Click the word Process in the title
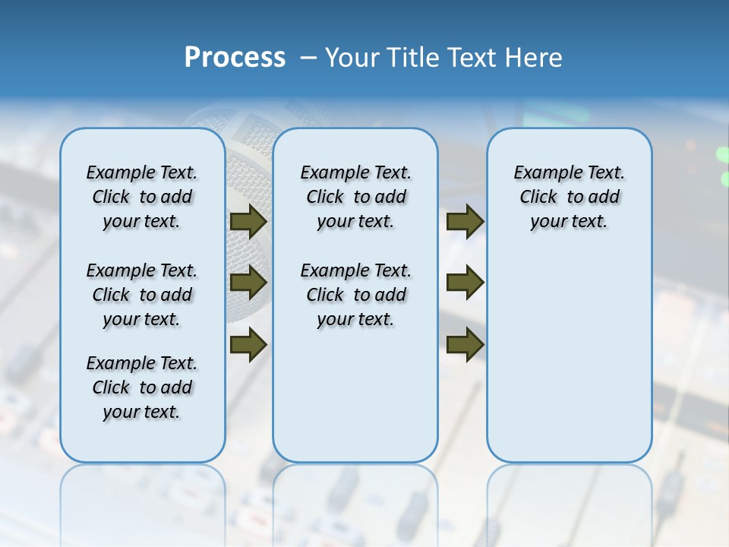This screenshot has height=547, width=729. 235,58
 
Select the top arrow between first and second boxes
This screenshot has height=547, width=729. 248,222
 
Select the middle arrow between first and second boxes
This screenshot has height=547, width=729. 248,283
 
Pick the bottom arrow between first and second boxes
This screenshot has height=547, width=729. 248,344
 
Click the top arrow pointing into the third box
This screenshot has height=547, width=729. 465,222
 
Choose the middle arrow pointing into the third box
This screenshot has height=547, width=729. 465,283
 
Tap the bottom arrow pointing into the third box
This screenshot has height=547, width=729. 465,344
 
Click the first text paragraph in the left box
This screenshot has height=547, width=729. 142,197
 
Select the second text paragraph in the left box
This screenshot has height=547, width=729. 142,295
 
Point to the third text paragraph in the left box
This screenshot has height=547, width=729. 142,387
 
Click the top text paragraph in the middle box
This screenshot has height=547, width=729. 355,197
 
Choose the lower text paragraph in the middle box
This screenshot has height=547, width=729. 355,295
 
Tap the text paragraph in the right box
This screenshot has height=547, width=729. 569,197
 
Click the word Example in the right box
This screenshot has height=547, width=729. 542,173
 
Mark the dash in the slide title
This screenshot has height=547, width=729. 308,58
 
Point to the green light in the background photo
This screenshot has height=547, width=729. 723,155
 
